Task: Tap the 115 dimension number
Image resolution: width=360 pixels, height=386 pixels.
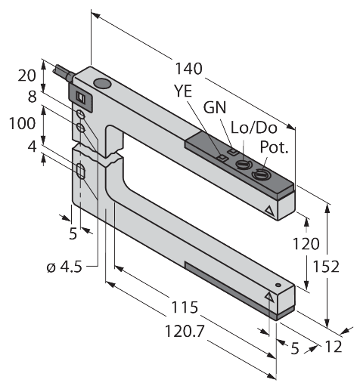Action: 185,307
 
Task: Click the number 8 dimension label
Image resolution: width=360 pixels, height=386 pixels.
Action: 32,96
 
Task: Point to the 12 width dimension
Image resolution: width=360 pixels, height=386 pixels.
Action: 333,347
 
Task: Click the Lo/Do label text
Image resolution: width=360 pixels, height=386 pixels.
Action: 247,128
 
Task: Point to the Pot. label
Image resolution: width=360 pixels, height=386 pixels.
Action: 275,147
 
